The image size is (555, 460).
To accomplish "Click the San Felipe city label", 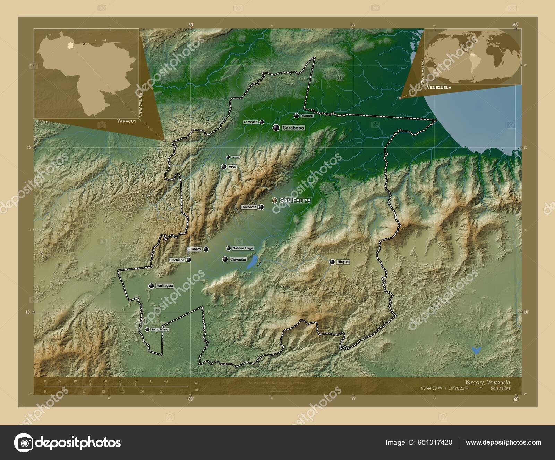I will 295,200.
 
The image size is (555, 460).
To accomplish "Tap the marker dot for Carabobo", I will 276,128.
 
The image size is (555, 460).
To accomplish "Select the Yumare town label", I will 307,116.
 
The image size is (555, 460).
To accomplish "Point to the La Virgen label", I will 250,122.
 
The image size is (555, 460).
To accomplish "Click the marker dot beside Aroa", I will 224,167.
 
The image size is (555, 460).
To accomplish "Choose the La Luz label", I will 236,157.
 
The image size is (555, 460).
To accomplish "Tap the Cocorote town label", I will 249,207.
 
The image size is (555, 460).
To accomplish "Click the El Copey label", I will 194,249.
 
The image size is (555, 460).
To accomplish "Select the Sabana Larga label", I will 243,248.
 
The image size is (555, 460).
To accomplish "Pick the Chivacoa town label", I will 238,260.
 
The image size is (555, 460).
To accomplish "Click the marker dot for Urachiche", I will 189,260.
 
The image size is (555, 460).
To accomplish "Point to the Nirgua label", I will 343,262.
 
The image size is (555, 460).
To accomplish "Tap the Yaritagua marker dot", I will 151,286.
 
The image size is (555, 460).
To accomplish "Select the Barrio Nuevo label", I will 160,329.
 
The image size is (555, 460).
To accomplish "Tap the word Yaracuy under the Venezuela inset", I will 127,121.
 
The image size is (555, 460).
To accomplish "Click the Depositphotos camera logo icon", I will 24,443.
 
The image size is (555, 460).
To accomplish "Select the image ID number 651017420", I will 436,443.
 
